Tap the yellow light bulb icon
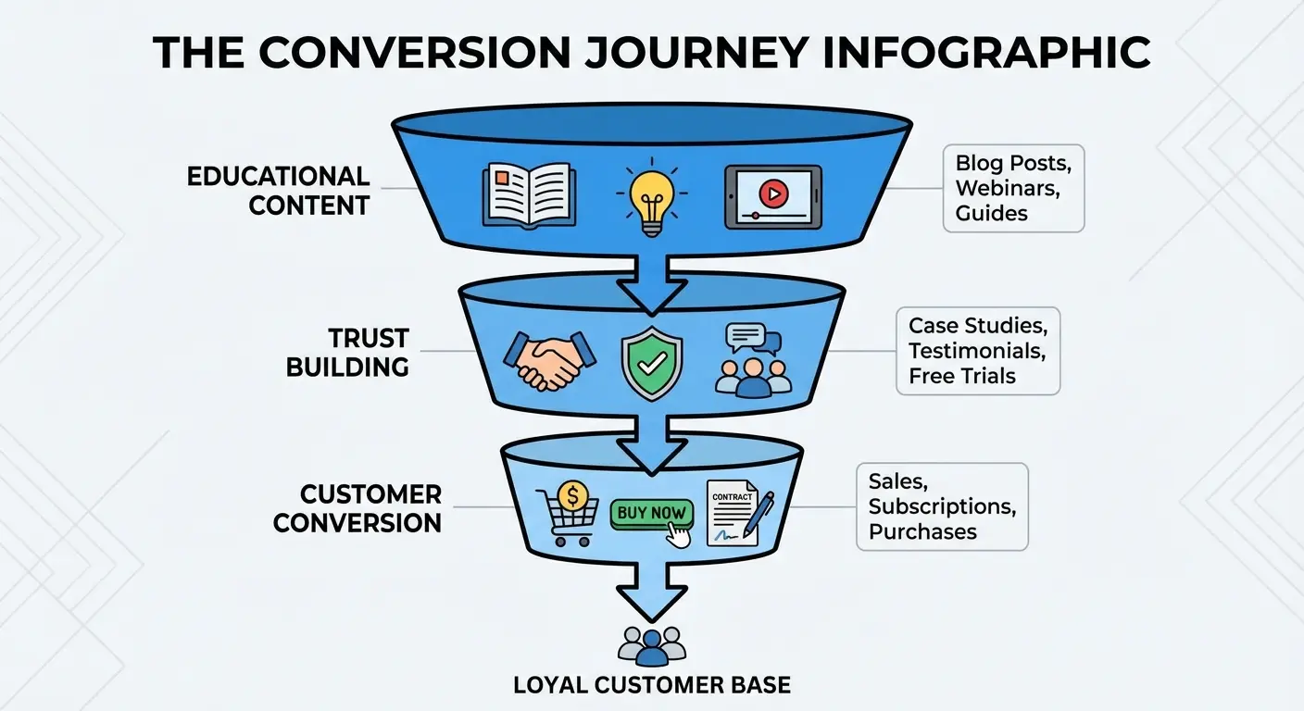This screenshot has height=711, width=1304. (x=651, y=197)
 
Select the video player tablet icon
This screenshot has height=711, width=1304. (x=772, y=196)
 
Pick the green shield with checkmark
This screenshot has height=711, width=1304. (x=651, y=362)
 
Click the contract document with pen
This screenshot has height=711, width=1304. (x=739, y=512)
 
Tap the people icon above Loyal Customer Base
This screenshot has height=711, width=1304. (x=651, y=646)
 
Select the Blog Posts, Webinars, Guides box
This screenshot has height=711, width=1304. (x=1013, y=188)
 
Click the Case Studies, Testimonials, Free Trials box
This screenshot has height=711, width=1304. (x=978, y=351)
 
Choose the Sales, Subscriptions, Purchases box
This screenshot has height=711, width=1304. (x=941, y=506)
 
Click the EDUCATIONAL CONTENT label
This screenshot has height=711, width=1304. (x=278, y=190)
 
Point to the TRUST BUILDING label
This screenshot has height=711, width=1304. (x=347, y=352)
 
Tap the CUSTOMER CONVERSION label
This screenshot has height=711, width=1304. (x=357, y=507)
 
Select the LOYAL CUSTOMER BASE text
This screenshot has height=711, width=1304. (x=652, y=685)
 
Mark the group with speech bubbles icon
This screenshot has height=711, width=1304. (x=753, y=361)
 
